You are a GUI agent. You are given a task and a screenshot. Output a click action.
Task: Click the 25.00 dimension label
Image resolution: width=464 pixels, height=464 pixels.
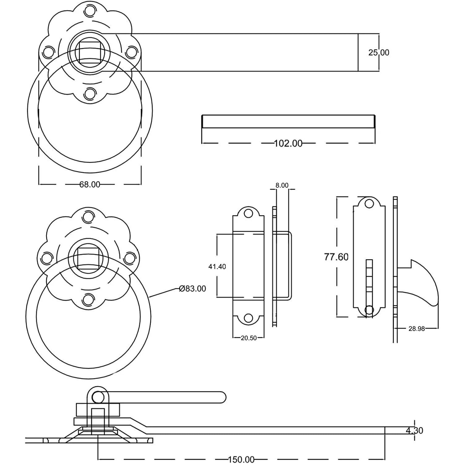379,52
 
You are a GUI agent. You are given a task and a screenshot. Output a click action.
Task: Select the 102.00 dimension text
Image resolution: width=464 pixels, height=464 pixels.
288,144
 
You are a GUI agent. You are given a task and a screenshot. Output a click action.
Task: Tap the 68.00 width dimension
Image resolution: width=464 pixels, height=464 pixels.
90,184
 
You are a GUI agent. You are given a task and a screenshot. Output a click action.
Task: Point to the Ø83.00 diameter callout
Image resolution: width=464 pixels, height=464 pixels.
192,289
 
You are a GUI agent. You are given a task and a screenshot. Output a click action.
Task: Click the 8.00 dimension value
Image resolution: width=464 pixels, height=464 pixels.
282,185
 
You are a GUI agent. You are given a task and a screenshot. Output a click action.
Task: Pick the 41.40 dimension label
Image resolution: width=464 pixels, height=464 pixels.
217,266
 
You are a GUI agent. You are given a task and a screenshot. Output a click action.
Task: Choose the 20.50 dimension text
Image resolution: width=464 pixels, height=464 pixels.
249,338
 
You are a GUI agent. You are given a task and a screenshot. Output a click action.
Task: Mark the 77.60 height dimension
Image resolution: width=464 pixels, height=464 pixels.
336,257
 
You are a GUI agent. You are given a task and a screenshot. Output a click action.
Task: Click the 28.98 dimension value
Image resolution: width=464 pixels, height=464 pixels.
417,329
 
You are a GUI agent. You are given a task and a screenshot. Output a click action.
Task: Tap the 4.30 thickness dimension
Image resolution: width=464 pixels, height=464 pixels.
414,430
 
